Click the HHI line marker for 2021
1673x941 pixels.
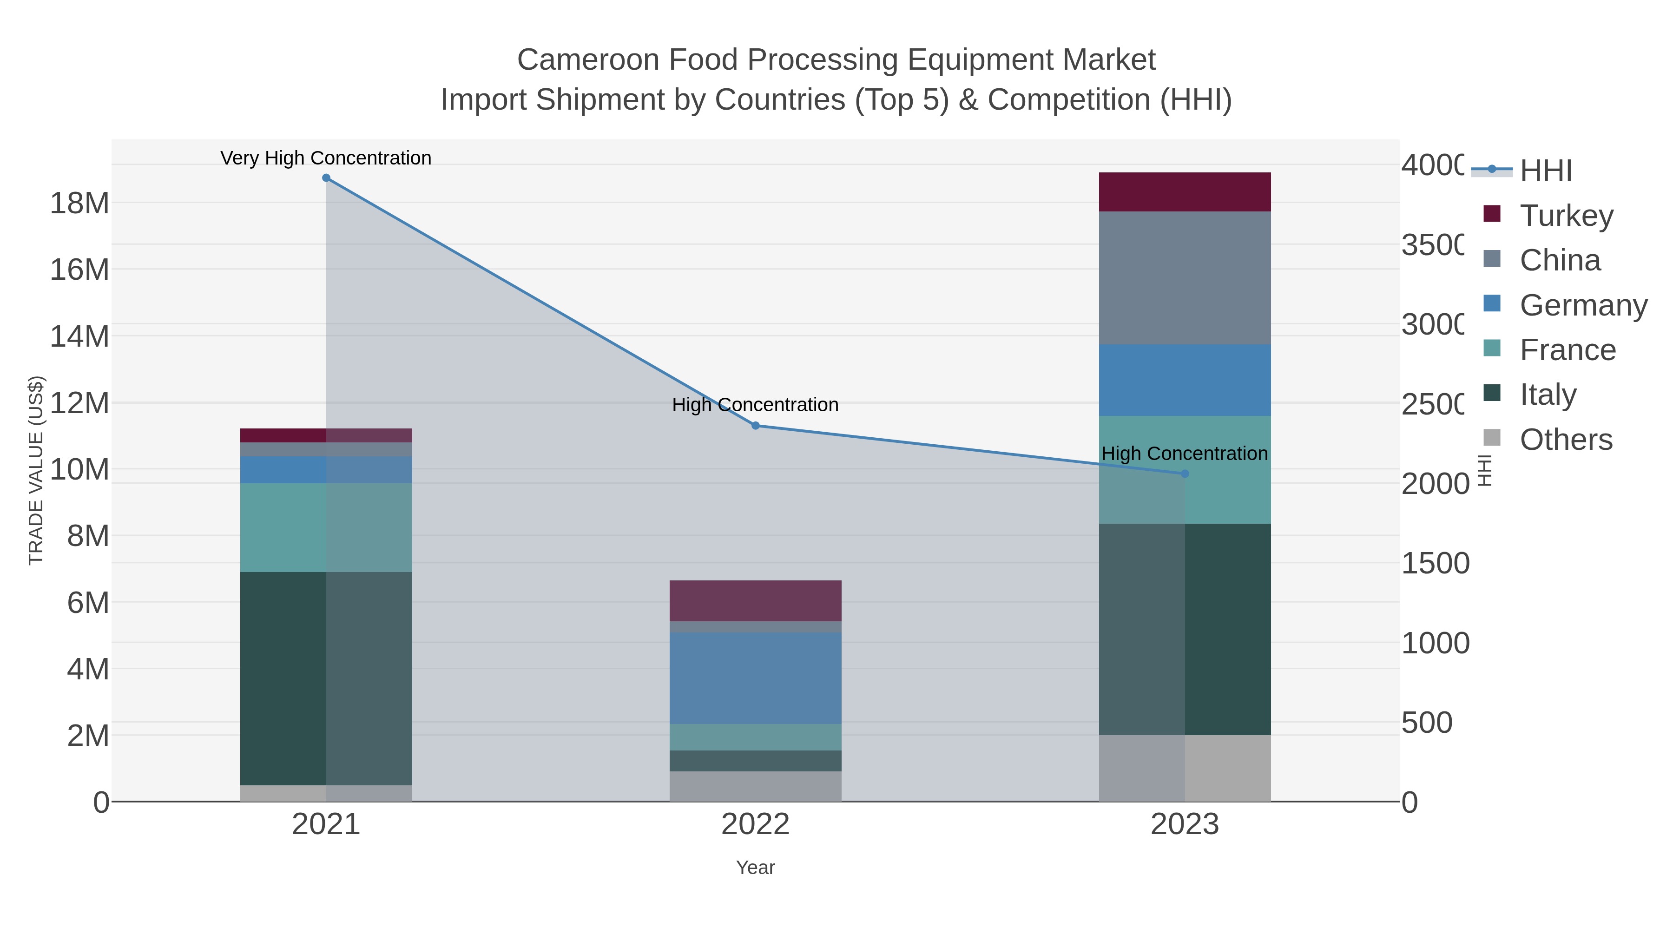pyautogui.click(x=326, y=178)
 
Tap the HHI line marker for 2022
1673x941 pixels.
pyautogui.click(x=755, y=425)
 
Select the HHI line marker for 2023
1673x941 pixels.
pyautogui.click(x=1185, y=474)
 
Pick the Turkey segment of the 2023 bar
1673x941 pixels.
pyautogui.click(x=1185, y=192)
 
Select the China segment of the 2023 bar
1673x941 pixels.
pyautogui.click(x=1185, y=278)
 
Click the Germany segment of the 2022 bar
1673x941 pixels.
pyautogui.click(x=755, y=678)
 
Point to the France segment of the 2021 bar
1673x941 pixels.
pyautogui.click(x=326, y=527)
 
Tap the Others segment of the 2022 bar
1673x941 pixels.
pyautogui.click(x=755, y=786)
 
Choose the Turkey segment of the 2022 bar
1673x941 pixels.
pyautogui.click(x=755, y=601)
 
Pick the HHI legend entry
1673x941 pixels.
pyautogui.click(x=1545, y=170)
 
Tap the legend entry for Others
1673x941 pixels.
pyautogui.click(x=1565, y=440)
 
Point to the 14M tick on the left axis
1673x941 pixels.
pyautogui.click(x=79, y=336)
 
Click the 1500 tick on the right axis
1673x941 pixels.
pyautogui.click(x=1435, y=563)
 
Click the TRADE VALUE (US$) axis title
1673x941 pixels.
pyautogui.click(x=36, y=470)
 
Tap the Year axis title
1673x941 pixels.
pyautogui.click(x=755, y=868)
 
